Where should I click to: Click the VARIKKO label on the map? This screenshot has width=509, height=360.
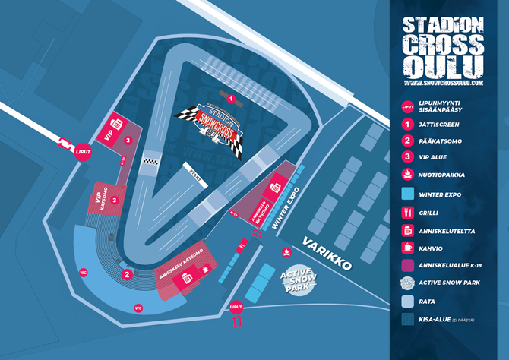click(x=327, y=254)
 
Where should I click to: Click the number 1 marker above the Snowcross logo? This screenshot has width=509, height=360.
click(x=230, y=99)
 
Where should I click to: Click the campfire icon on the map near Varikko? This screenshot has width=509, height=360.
click(x=286, y=251)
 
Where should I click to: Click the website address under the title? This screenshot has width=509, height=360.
click(x=445, y=80)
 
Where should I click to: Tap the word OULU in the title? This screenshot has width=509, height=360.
click(x=444, y=62)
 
